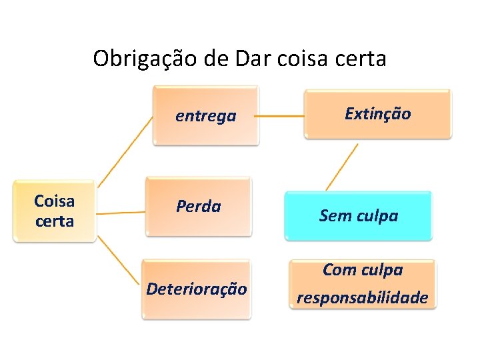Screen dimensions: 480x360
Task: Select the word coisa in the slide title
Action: [x=301, y=59]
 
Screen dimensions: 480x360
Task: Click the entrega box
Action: [x=205, y=115]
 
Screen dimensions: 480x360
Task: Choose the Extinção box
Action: [x=377, y=113]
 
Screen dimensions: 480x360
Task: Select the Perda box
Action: [x=199, y=207]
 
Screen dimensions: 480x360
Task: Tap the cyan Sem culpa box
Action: [x=358, y=215]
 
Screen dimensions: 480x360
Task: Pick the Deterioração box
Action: [x=197, y=289]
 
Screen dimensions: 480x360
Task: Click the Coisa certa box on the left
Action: [x=55, y=211]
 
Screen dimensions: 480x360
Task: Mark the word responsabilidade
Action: [x=362, y=297]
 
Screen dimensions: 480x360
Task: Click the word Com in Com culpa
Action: [x=339, y=270]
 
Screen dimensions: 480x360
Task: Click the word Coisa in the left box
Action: [x=55, y=201]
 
